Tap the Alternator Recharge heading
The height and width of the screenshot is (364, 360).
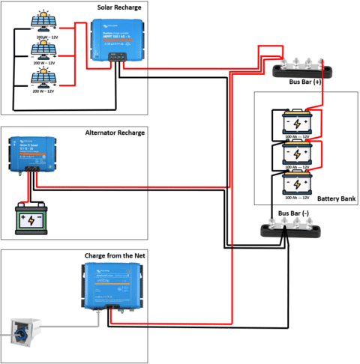point(115,133)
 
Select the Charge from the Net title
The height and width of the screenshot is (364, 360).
point(115,255)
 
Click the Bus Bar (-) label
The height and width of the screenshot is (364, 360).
point(293,213)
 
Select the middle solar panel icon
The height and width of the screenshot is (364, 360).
point(37,51)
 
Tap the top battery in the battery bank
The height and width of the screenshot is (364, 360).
point(297,122)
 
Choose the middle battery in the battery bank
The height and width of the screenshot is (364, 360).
point(297,154)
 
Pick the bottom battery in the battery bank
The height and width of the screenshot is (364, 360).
point(297,184)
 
